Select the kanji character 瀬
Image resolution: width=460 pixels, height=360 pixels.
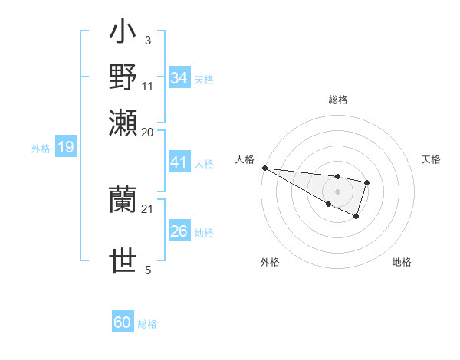[x=123, y=121]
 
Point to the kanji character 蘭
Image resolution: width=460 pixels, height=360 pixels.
[x=123, y=200]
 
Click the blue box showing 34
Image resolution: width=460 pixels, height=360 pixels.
[x=179, y=78]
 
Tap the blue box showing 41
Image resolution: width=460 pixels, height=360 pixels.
[x=179, y=162]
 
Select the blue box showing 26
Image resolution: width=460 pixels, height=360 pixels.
[x=179, y=231]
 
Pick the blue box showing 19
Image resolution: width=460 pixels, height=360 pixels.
[x=65, y=147]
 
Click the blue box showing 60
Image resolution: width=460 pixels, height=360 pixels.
[x=123, y=322]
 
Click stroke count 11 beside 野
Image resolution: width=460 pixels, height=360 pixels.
[x=148, y=85]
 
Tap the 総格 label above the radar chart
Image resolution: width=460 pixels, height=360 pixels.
[x=337, y=100]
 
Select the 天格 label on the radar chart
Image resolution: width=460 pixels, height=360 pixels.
[x=431, y=159]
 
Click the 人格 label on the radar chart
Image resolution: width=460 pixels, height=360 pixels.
[x=245, y=159]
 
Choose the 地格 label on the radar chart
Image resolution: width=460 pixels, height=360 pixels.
[x=402, y=262]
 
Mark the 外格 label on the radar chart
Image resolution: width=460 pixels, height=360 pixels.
[x=270, y=262]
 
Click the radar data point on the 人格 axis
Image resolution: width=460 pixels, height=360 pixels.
[x=264, y=168]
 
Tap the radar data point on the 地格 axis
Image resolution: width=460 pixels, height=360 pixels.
[x=356, y=217]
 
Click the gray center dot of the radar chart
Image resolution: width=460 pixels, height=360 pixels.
[x=337, y=191]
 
